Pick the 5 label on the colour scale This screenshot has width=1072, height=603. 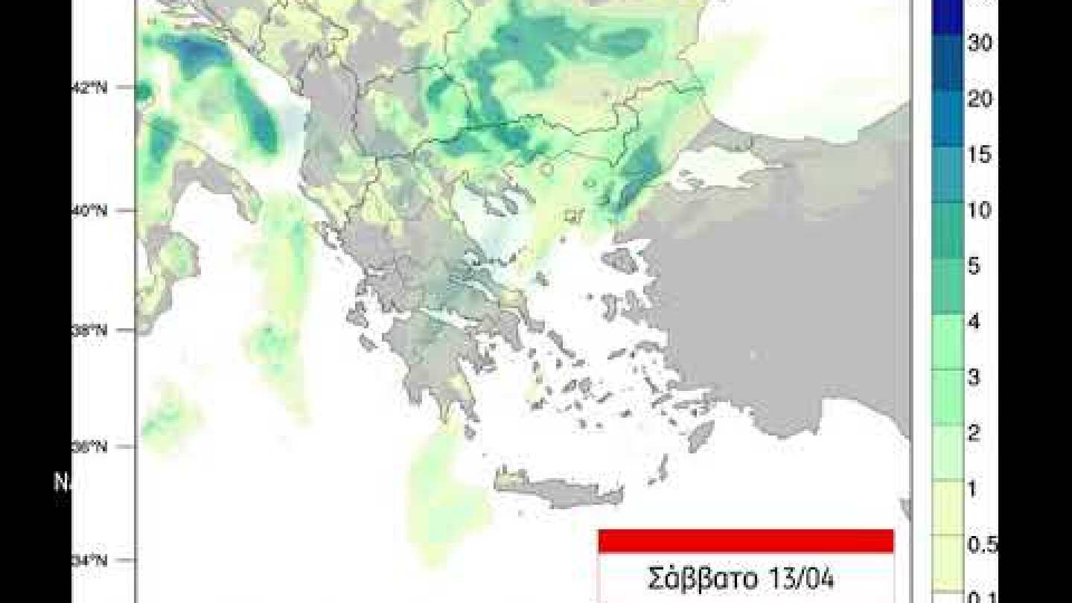(x=974, y=266)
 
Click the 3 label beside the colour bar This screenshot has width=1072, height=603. (x=974, y=377)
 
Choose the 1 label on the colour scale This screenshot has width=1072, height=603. (x=974, y=489)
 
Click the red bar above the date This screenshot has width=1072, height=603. (x=745, y=541)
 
